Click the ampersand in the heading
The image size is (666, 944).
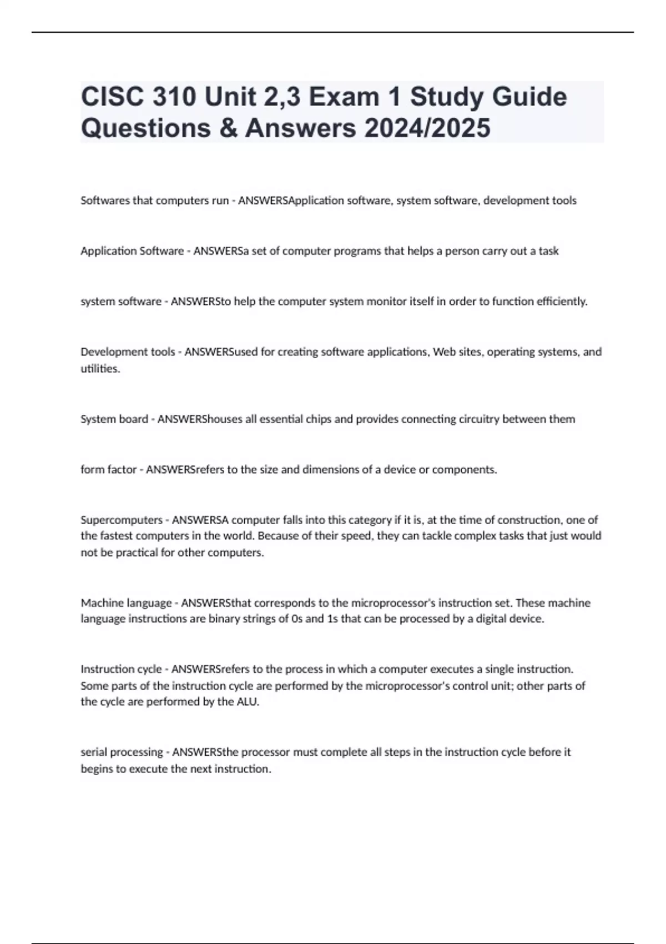click(x=227, y=128)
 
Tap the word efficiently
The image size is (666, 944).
click(x=561, y=302)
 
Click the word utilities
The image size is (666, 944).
click(x=100, y=369)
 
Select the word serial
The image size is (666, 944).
click(x=94, y=752)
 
